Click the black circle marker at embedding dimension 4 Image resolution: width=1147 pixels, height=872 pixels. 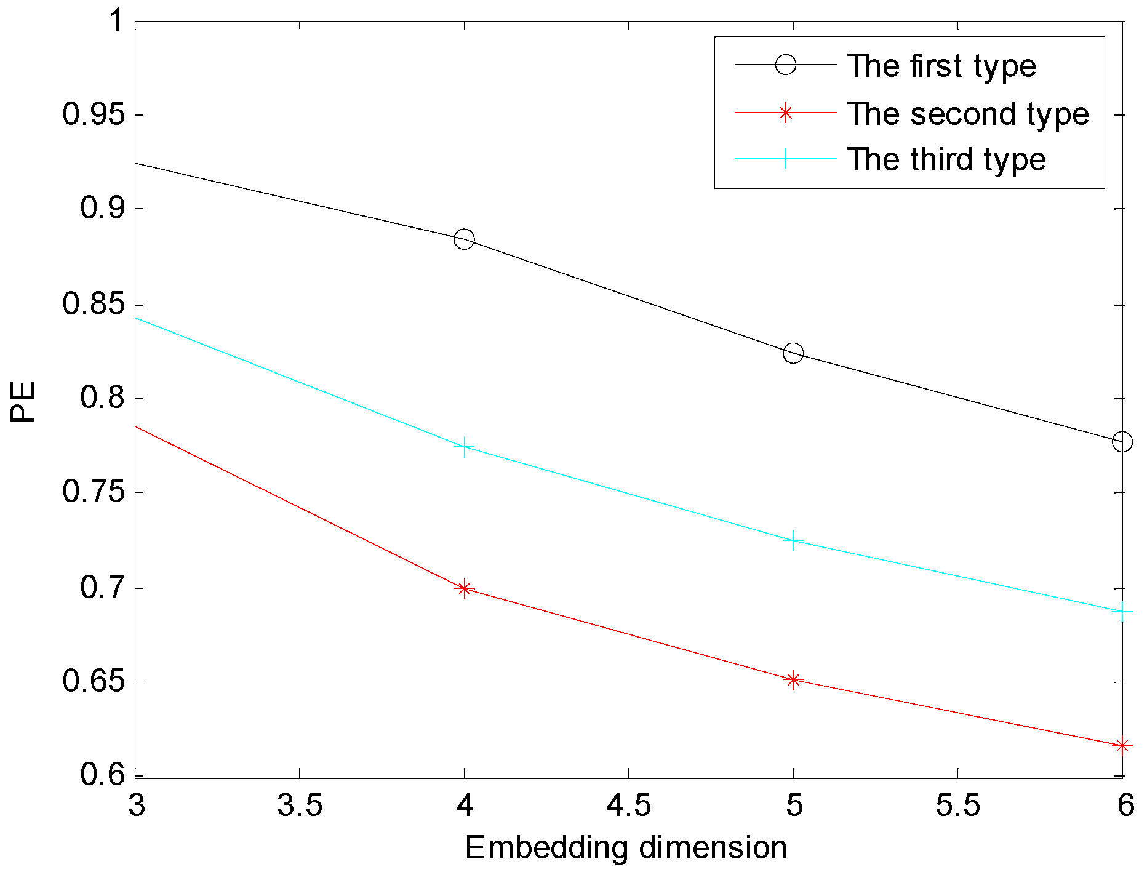coord(464,239)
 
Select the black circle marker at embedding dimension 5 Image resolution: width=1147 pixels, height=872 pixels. coord(793,353)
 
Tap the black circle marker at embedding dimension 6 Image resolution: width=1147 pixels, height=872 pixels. coord(1122,442)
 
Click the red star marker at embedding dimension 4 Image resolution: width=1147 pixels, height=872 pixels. coord(464,589)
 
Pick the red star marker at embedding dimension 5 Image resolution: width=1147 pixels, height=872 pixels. coord(793,680)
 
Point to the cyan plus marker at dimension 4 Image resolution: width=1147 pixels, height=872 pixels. coord(464,447)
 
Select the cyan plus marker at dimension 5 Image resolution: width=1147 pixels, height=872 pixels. coord(793,541)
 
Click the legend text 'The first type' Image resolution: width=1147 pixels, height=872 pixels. coord(941,66)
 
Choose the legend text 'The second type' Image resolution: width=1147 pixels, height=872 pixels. coord(968,114)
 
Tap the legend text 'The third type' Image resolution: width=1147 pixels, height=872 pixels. coord(946,160)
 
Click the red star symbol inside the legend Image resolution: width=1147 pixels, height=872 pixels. coord(785,113)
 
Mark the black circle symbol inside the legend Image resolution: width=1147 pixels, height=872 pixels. coord(785,65)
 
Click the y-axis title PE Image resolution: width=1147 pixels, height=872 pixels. coord(23,401)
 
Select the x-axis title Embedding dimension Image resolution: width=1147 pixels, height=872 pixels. coord(626,848)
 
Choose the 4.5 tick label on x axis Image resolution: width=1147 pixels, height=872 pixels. coord(628,805)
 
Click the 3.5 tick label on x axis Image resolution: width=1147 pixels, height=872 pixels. coord(300,805)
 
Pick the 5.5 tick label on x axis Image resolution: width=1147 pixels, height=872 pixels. coord(957,805)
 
